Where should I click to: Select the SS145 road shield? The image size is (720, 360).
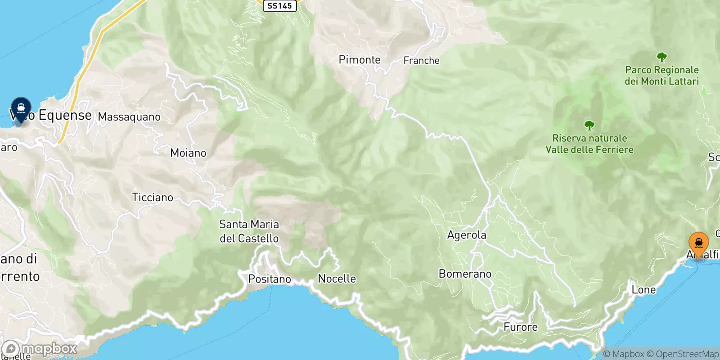coord(279,5)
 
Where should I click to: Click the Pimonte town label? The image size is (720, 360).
coord(360,60)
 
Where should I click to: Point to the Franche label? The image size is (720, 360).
coord(421,60)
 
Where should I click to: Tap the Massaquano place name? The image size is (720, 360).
coord(129,117)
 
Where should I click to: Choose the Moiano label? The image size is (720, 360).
coord(188,153)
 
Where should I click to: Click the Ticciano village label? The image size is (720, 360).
coord(153,197)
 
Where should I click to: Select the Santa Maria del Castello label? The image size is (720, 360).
coord(249,231)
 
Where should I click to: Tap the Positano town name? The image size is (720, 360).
coord(270,279)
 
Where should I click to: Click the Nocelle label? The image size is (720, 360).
coord(337,279)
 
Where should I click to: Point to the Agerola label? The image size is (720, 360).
coord(467,235)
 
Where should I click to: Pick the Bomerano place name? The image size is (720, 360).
coord(465,274)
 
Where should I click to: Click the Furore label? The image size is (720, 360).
coord(520,327)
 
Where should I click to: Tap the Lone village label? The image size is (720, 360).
coord(643,290)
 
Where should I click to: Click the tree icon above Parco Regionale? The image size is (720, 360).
coord(661,58)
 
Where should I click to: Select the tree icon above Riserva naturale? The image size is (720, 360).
coord(589,126)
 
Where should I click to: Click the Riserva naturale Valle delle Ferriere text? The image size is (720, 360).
coord(589,144)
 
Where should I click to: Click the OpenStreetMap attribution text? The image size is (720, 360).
coord(687,354)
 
